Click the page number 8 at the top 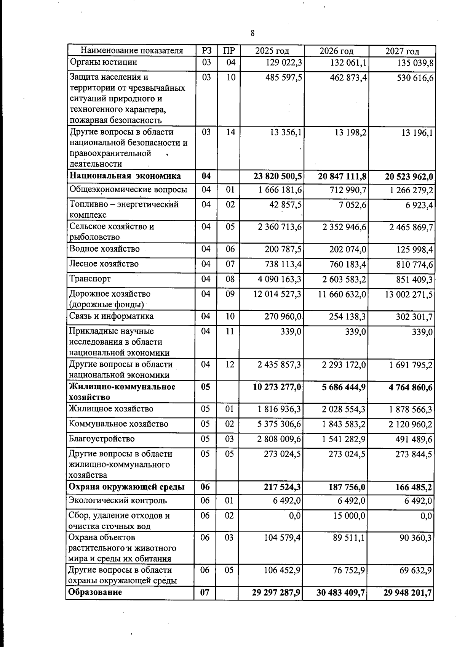[252, 33]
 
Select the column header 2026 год [336, 51]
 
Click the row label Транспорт [90, 279]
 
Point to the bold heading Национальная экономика [125, 176]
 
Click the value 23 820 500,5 [278, 176]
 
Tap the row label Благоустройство [102, 439]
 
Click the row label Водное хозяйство [104, 249]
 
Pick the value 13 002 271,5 [409, 294]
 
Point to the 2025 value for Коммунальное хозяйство [279, 424]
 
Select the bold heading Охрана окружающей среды [126, 487]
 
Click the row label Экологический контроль [118, 500]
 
